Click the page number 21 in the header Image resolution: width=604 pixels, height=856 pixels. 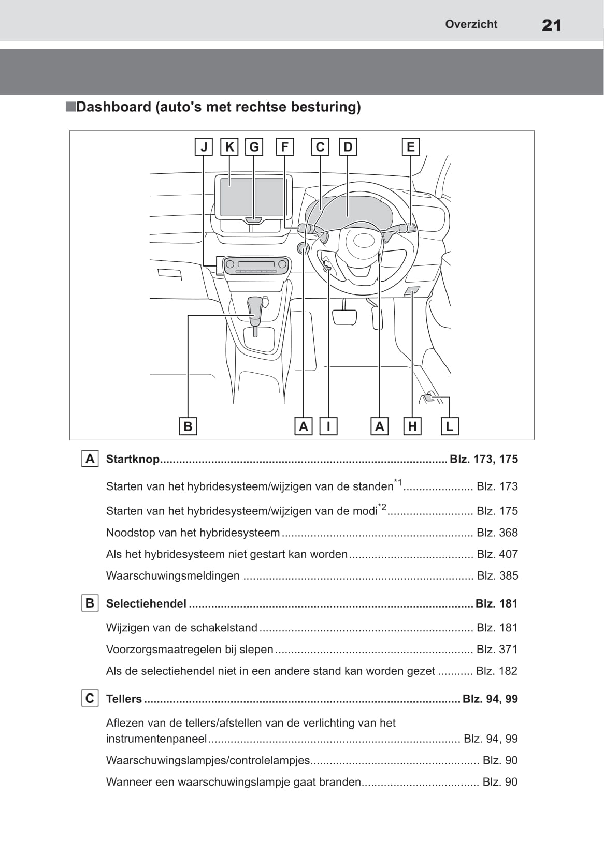pyautogui.click(x=551, y=25)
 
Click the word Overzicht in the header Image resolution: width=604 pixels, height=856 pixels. pyautogui.click(x=471, y=24)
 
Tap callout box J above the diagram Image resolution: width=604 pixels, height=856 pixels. pyautogui.click(x=204, y=147)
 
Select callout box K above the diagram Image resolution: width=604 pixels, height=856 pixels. pyautogui.click(x=229, y=147)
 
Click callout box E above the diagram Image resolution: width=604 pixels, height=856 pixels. pyautogui.click(x=410, y=147)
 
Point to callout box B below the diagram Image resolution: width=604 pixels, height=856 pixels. pyautogui.click(x=188, y=426)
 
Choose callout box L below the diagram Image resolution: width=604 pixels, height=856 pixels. pyautogui.click(x=449, y=426)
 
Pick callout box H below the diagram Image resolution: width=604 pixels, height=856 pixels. pyautogui.click(x=412, y=426)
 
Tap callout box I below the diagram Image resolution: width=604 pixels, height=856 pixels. pyautogui.click(x=328, y=426)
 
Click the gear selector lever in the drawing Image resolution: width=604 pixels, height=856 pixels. pyautogui.click(x=255, y=311)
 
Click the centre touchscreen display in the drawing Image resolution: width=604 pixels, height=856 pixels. pyautogui.click(x=252, y=197)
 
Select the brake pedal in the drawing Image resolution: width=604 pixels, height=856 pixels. pyautogui.click(x=344, y=316)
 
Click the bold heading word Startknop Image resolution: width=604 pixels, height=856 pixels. pyautogui.click(x=133, y=459)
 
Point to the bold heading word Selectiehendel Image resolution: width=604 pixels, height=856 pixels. pyautogui.click(x=146, y=603)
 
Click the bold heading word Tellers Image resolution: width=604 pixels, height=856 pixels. pyautogui.click(x=124, y=699)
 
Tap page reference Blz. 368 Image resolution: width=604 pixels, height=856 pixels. pyautogui.click(x=497, y=533)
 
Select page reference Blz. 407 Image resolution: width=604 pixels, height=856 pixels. pyautogui.click(x=497, y=554)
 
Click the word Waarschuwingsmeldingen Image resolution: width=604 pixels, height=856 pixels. pyautogui.click(x=173, y=575)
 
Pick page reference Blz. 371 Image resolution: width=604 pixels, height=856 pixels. pyautogui.click(x=497, y=649)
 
